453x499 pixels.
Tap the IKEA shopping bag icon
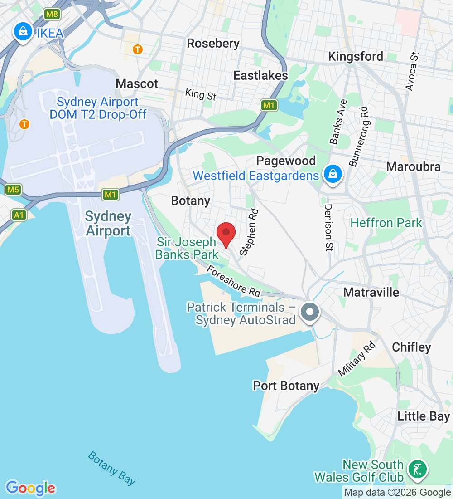point(22,32)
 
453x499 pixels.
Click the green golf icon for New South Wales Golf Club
point(417,470)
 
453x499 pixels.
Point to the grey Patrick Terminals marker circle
point(310,312)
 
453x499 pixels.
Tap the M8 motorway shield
point(53,14)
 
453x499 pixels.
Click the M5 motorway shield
point(13,189)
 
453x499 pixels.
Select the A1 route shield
point(19,215)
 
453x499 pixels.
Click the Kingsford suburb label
point(356,56)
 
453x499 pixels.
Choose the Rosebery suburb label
point(213,44)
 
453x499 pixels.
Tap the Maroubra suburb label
point(413,166)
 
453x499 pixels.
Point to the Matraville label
point(371,292)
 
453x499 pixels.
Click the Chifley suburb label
point(411,347)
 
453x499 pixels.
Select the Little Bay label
point(424,416)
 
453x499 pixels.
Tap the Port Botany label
point(286,386)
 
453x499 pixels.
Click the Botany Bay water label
point(111,468)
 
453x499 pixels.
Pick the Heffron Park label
point(386,223)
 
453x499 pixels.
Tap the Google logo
point(30,488)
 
